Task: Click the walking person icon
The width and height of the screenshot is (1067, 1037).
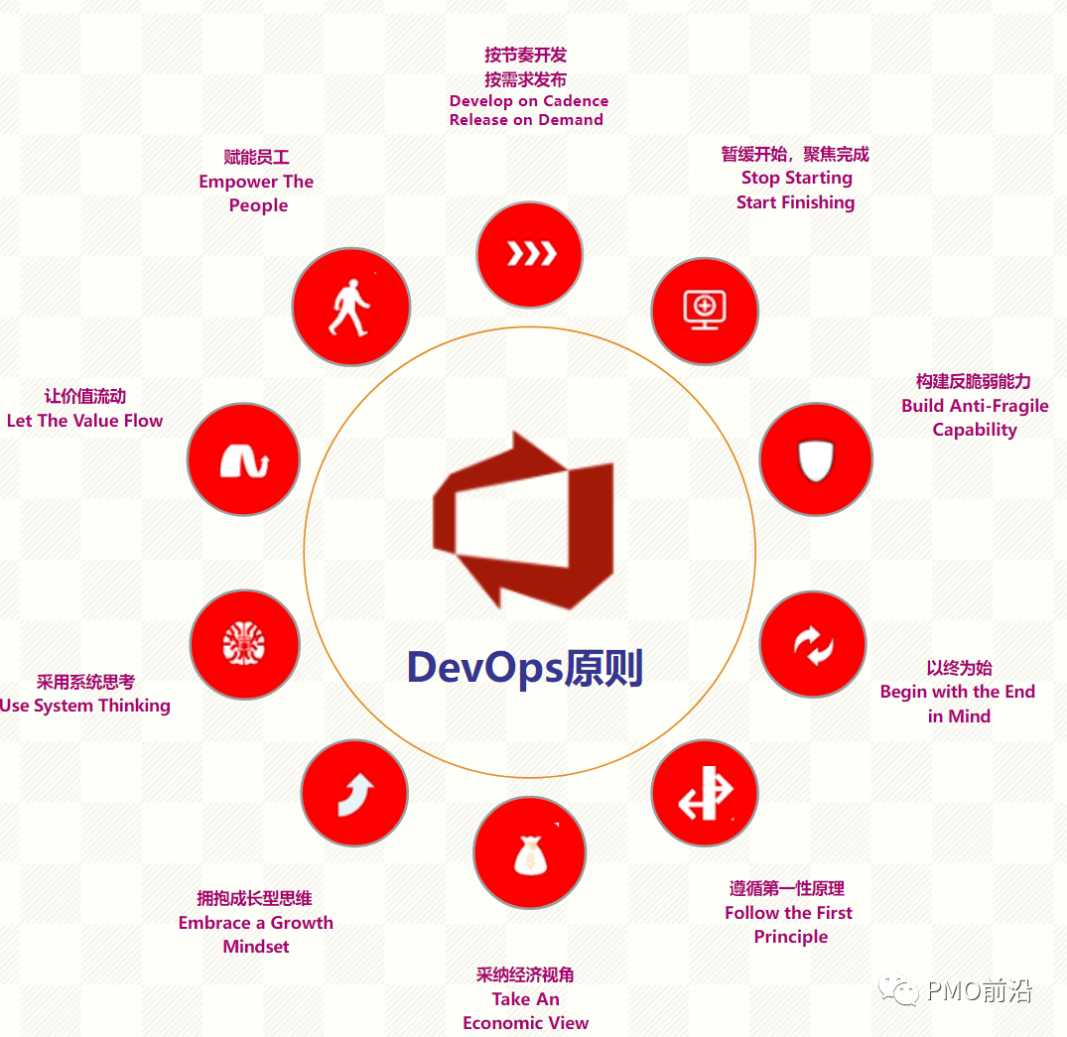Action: [x=350, y=307]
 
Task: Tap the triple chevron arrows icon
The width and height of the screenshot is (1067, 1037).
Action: [x=530, y=254]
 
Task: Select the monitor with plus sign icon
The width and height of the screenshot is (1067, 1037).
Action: [x=705, y=310]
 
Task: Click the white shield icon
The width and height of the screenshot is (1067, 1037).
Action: [x=816, y=458]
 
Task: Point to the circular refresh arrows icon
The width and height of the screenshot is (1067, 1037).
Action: [x=814, y=646]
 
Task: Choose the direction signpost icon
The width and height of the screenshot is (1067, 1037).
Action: [x=705, y=794]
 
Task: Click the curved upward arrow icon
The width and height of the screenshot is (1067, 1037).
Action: [x=354, y=793]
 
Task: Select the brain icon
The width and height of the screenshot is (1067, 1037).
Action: [x=244, y=644]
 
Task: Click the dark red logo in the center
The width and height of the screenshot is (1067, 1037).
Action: [x=523, y=520]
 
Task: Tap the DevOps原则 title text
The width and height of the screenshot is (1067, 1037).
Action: [x=525, y=668]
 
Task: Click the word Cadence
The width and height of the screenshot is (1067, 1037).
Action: [x=577, y=101]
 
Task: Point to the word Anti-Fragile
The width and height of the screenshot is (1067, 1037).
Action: [x=997, y=406]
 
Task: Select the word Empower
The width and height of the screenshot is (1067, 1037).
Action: [x=238, y=182]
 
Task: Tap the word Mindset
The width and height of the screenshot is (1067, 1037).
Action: [x=256, y=947]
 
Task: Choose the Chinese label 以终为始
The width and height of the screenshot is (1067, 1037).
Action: [x=959, y=668]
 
